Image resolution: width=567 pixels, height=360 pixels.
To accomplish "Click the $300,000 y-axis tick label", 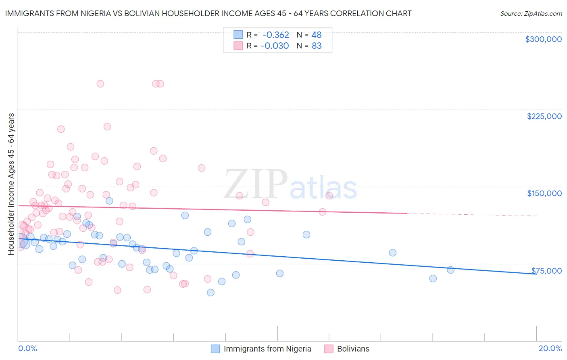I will (543, 39).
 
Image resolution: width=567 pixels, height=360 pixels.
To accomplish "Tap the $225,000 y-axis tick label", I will (544, 116).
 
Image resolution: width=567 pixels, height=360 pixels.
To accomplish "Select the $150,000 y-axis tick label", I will (544, 193).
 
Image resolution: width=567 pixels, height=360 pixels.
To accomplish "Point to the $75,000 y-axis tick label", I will (546, 270).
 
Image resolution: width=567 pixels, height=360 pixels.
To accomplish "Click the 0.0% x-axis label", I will (27, 348).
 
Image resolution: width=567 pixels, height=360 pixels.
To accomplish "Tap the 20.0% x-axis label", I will (550, 348).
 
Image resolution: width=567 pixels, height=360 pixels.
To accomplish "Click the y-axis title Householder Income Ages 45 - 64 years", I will (11, 184).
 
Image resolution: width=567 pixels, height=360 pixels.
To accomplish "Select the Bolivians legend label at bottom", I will (353, 349).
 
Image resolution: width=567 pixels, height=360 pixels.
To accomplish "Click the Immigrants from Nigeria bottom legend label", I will (267, 349).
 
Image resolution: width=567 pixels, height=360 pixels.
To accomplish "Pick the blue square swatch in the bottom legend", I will (216, 349).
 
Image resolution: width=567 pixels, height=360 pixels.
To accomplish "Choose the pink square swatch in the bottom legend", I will (329, 349).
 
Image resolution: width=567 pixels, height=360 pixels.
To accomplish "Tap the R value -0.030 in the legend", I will (275, 46).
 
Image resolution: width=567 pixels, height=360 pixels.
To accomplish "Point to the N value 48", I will (317, 35).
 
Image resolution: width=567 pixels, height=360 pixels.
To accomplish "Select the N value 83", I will (317, 46).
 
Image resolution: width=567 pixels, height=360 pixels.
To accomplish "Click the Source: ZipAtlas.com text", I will (531, 13).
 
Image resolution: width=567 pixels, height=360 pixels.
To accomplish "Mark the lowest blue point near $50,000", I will (211, 293).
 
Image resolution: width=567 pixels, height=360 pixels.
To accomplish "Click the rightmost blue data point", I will (450, 270).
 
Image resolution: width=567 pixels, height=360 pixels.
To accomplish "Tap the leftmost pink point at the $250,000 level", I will (100, 84).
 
